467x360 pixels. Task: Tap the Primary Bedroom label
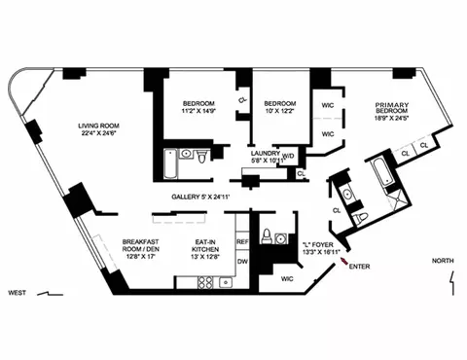[x=396, y=110]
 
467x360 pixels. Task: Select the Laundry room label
[x=266, y=153]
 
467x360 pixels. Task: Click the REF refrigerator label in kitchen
[x=243, y=240]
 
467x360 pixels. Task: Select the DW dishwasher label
[x=243, y=260]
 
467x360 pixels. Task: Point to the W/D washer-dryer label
[x=288, y=154]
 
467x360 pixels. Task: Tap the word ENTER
[x=359, y=266]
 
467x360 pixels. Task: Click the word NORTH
[x=443, y=261]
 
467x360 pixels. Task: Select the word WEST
[x=17, y=292]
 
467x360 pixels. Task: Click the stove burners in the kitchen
[x=206, y=282]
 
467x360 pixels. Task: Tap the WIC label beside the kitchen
[x=287, y=279]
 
